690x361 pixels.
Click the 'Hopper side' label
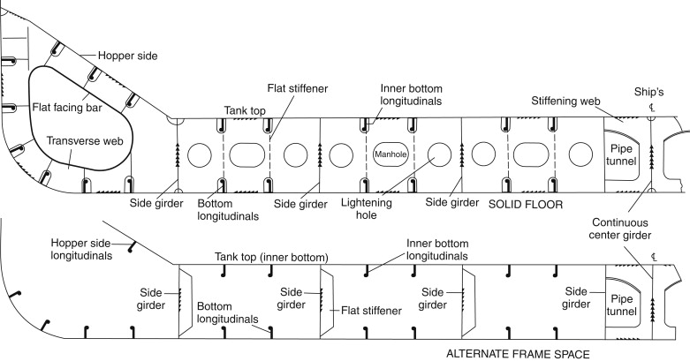point(127,56)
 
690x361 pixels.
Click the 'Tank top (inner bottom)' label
point(271,256)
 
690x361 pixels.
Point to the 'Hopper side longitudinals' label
point(82,249)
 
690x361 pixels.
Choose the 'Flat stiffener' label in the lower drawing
point(370,311)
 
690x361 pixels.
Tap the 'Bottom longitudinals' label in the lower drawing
point(227,310)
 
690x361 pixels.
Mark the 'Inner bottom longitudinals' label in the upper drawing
point(411,95)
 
